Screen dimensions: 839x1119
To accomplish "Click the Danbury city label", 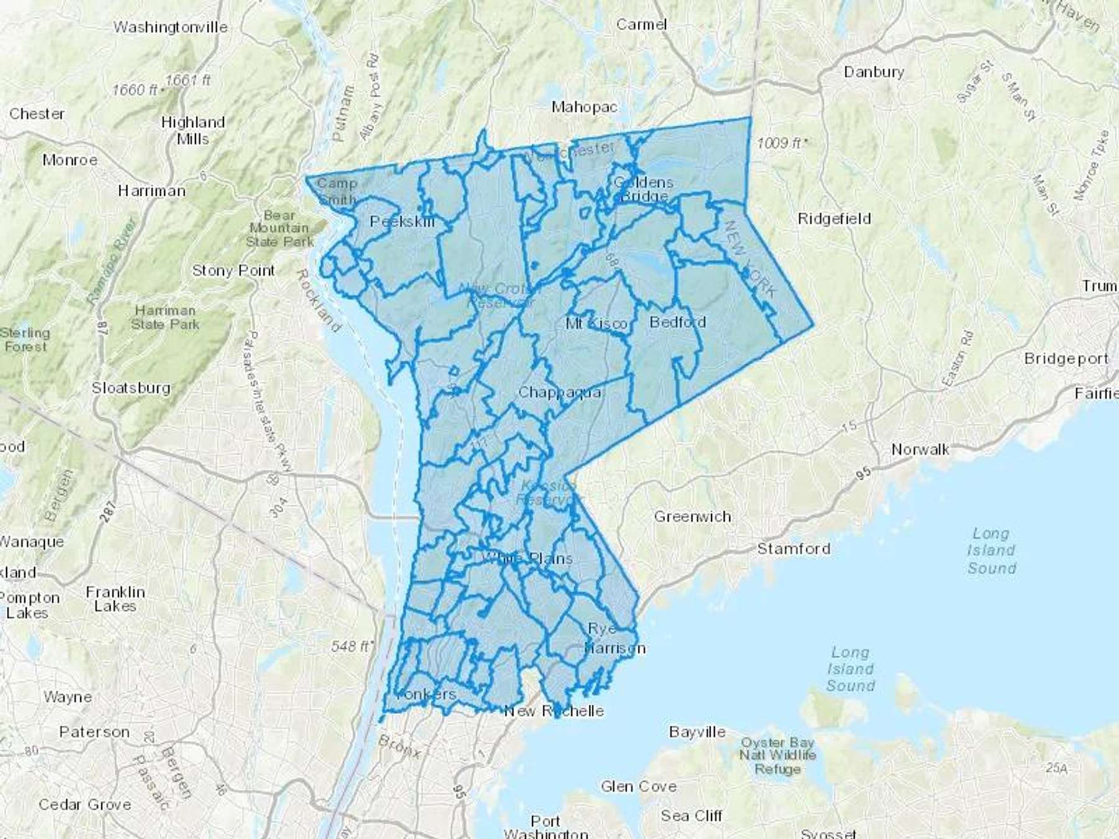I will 873,72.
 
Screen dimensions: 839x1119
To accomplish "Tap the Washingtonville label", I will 170,27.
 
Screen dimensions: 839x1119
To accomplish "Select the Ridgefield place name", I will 834,219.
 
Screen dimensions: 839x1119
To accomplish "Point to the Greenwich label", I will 693,516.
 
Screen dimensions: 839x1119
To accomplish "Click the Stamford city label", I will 793,549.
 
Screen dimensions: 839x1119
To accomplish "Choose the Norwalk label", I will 920,449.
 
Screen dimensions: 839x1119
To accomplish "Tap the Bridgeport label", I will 1066,359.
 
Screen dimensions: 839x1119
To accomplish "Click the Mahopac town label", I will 584,107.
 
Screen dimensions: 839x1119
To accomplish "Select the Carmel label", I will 642,24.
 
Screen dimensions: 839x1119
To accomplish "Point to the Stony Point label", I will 233,270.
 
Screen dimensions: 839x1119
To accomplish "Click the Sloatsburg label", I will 131,388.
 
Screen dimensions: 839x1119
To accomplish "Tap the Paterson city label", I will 94,732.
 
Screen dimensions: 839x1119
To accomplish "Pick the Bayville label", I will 697,732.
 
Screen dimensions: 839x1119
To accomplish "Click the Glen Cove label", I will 638,787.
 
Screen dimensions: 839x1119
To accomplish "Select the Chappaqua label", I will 559,392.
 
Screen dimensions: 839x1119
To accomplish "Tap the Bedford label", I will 678,322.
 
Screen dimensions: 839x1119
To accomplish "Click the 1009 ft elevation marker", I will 782,144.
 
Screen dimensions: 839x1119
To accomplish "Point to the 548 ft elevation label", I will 351,646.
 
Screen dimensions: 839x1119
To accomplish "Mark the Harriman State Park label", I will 165,317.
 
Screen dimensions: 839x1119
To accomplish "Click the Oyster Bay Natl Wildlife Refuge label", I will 777,756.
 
